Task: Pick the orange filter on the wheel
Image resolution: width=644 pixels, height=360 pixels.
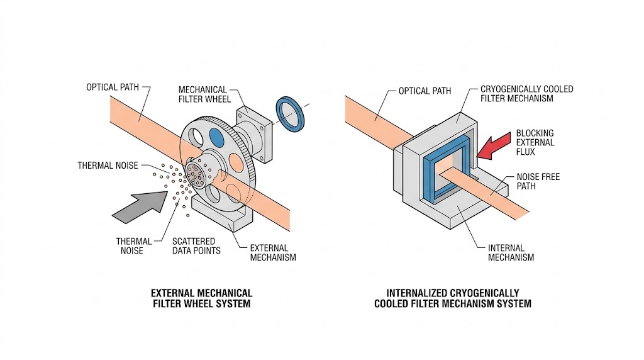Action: pyautogui.click(x=236, y=161)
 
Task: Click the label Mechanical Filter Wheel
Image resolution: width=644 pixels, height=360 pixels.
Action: pyautogui.click(x=204, y=94)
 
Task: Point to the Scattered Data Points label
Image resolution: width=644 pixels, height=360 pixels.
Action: pyautogui.click(x=196, y=246)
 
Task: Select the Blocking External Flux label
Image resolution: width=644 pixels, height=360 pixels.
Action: pyautogui.click(x=535, y=143)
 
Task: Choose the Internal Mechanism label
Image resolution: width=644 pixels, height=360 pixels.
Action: pyautogui.click(x=511, y=252)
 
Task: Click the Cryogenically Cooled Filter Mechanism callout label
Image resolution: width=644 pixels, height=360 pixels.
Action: pyautogui.click(x=526, y=94)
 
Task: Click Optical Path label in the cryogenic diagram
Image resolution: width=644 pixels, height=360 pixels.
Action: pyautogui.click(x=425, y=91)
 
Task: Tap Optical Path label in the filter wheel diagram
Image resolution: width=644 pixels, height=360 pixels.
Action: pyautogui.click(x=112, y=87)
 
